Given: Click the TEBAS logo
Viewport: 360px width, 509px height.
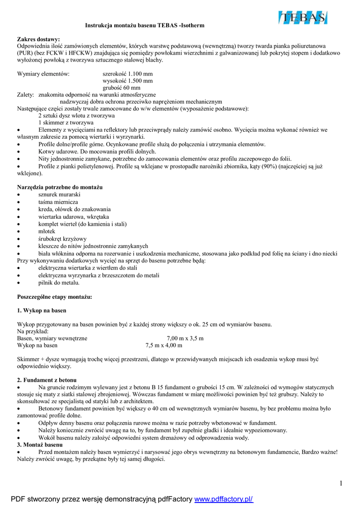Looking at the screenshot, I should pos(303,18).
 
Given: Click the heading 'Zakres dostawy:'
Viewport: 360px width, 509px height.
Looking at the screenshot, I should pos(38,39).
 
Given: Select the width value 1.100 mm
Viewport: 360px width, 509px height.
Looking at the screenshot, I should pos(128,74).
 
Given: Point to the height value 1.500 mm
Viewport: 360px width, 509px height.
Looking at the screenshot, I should pos(128,81).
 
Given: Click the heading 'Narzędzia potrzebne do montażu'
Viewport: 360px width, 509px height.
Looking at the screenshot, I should pos(60,187).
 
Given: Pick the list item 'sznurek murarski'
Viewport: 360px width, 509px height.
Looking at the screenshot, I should pos(59,194).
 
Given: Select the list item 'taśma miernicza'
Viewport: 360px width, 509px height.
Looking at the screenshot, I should pos(58,202).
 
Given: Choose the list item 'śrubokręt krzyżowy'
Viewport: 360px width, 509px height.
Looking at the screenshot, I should pos(62,239).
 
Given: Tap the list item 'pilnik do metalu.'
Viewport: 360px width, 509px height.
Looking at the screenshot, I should pos(59,283).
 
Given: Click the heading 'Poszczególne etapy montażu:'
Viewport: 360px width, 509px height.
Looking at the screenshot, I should pos(54,297).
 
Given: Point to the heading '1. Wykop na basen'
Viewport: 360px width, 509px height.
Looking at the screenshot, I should pos(41,311).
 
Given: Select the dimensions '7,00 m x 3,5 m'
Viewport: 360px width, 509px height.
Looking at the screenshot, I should pos(185,338).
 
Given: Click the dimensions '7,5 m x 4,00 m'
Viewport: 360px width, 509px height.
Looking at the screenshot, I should pos(164,345).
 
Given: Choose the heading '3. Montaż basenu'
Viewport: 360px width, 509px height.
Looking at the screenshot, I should pos(40,444).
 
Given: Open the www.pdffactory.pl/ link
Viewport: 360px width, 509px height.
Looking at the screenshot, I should pos(223,499).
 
